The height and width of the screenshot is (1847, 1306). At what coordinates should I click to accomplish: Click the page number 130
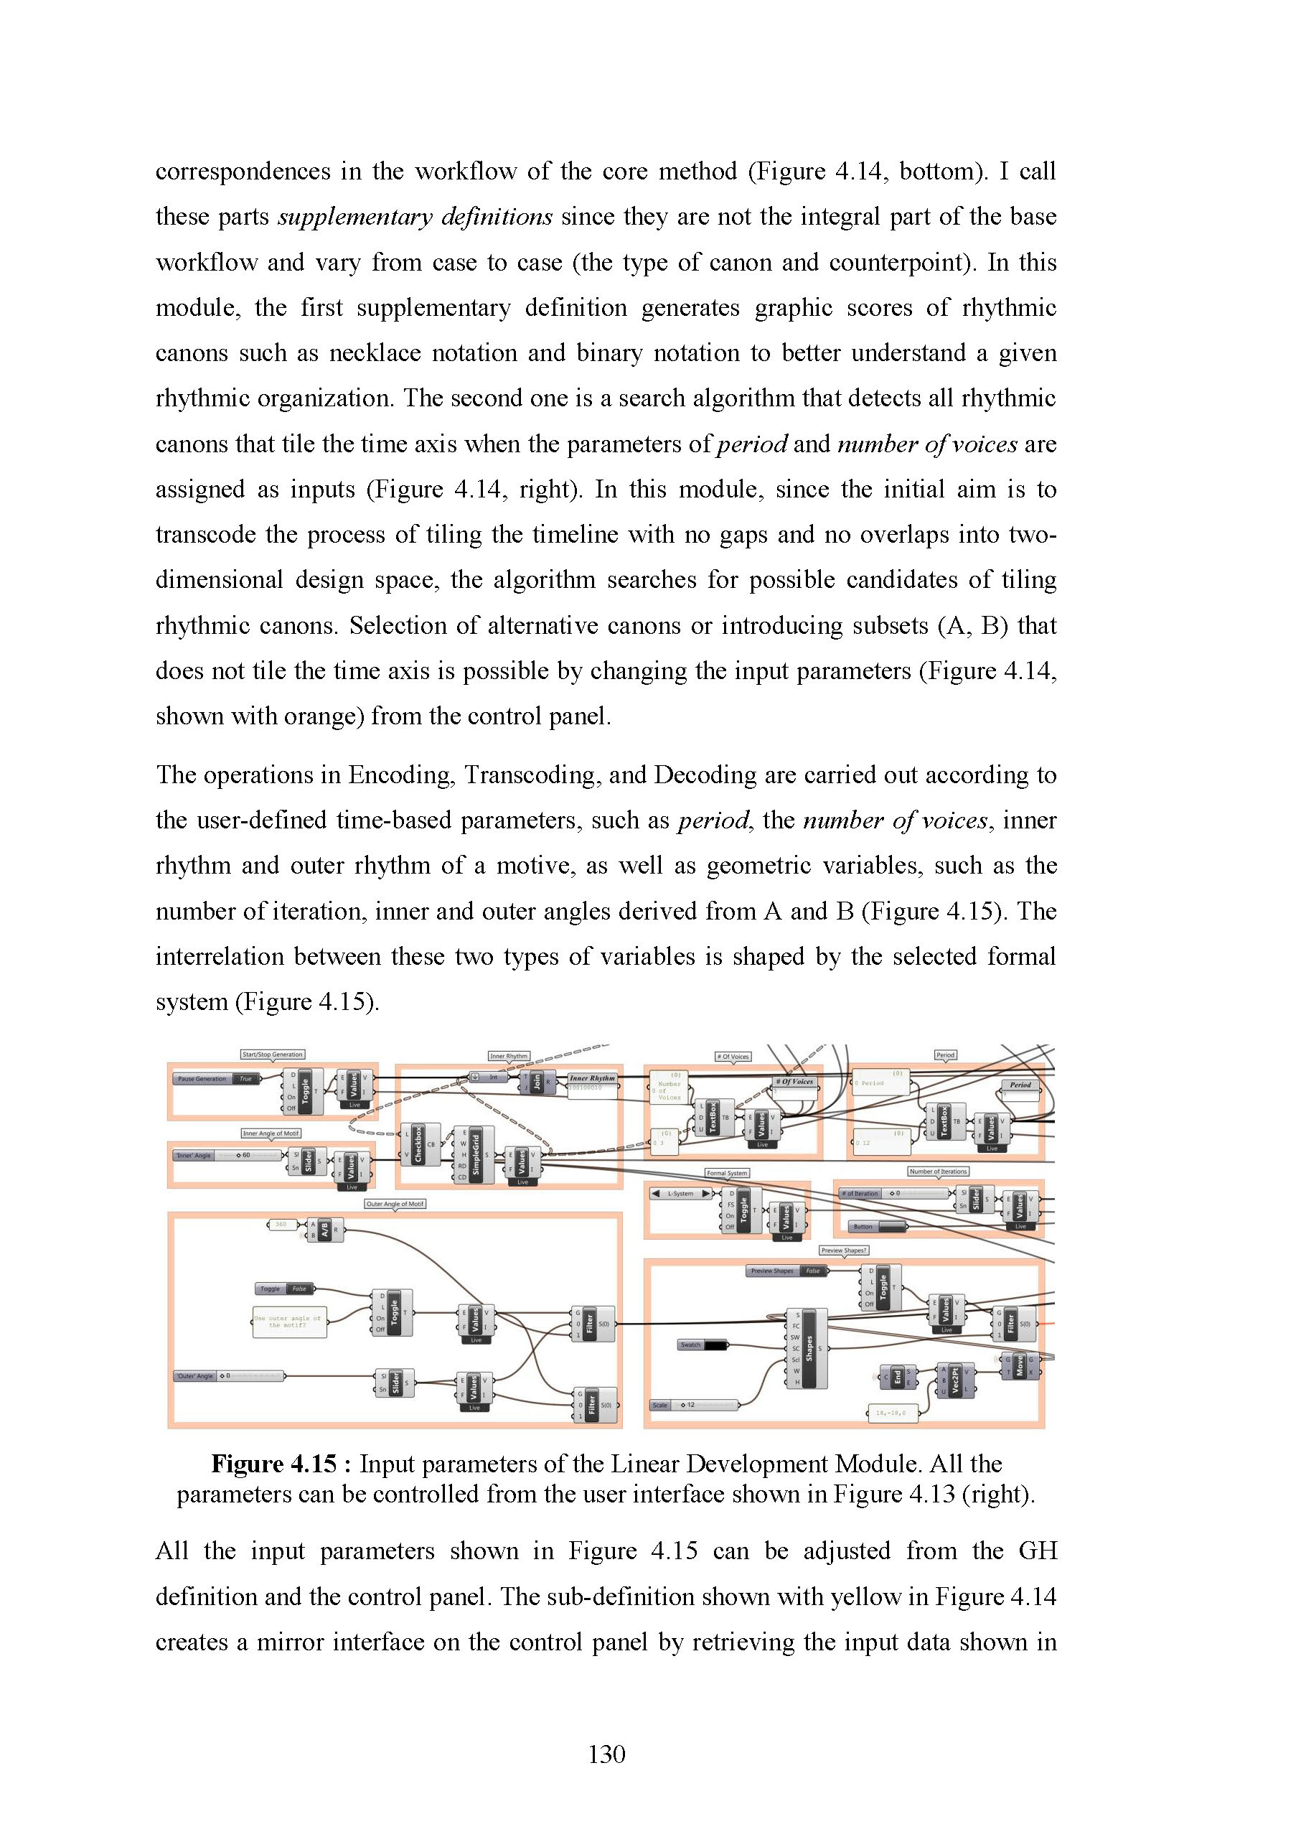[606, 1754]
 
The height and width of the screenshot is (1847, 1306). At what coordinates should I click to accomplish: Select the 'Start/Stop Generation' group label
[273, 1054]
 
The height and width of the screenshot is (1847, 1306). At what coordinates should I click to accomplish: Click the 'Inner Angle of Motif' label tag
[271, 1133]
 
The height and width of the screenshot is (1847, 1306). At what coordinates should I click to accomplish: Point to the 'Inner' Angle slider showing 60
[229, 1155]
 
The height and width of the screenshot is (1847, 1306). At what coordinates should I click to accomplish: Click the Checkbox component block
[418, 1144]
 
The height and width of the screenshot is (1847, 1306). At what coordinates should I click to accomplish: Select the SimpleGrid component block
[475, 1155]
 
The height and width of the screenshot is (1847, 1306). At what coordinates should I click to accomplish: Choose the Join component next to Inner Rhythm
[537, 1082]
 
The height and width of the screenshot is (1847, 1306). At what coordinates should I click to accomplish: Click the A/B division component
[324, 1230]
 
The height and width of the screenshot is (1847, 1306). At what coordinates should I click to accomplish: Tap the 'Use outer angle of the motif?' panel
[288, 1322]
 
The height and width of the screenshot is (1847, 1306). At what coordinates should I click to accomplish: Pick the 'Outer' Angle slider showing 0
[229, 1375]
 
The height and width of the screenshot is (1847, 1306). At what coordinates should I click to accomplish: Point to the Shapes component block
[809, 1349]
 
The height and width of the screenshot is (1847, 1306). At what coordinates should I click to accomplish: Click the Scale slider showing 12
[695, 1406]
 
